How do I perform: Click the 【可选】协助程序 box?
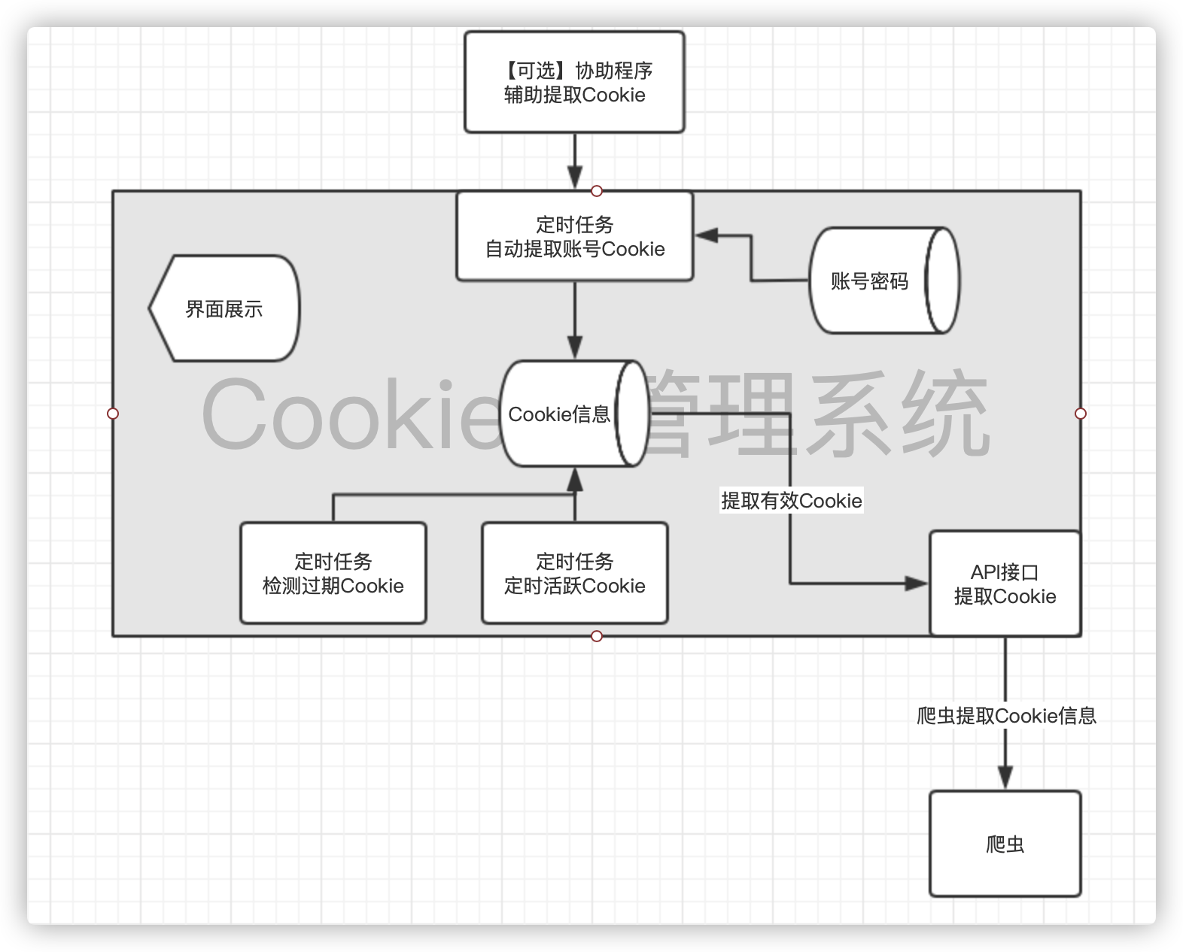[574, 82]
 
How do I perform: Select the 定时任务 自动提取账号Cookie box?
[574, 236]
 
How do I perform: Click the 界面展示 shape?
[224, 308]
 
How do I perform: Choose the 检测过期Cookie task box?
[333, 573]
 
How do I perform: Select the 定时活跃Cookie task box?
[574, 573]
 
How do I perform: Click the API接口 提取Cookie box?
[1005, 584]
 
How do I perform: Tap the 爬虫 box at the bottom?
[1005, 844]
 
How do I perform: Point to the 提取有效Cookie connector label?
[791, 501]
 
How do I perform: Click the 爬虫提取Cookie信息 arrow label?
[1006, 715]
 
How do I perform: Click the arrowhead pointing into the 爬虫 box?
[1005, 777]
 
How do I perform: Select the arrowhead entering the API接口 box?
[917, 583]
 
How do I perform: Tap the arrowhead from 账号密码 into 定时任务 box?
[706, 235]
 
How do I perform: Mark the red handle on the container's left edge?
[113, 414]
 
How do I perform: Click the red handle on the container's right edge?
[1081, 414]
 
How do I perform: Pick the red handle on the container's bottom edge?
[597, 636]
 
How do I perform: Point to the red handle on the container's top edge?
[597, 191]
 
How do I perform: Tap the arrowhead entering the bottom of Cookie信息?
[575, 480]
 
